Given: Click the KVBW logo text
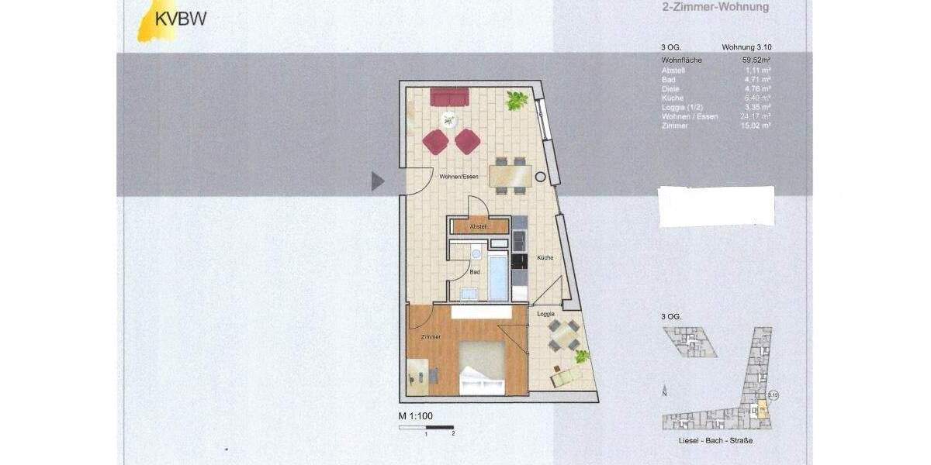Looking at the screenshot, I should coord(182,19).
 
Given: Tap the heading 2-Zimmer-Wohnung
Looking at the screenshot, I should coord(709,8).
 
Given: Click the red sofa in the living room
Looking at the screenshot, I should coord(449,98).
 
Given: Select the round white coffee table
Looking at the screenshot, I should coord(448,119).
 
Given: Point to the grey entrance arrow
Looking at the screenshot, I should coord(377,181).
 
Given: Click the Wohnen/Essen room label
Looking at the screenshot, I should coord(459,177).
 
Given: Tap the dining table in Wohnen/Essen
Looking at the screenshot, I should coord(511,176).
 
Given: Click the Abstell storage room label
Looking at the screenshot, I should coord(478,226).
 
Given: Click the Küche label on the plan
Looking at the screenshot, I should coord(543,257).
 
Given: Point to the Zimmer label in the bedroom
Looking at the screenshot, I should coord(431,337).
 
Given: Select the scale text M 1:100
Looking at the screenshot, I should coord(415,417).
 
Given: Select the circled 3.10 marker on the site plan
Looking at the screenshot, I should coord(772,395).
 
